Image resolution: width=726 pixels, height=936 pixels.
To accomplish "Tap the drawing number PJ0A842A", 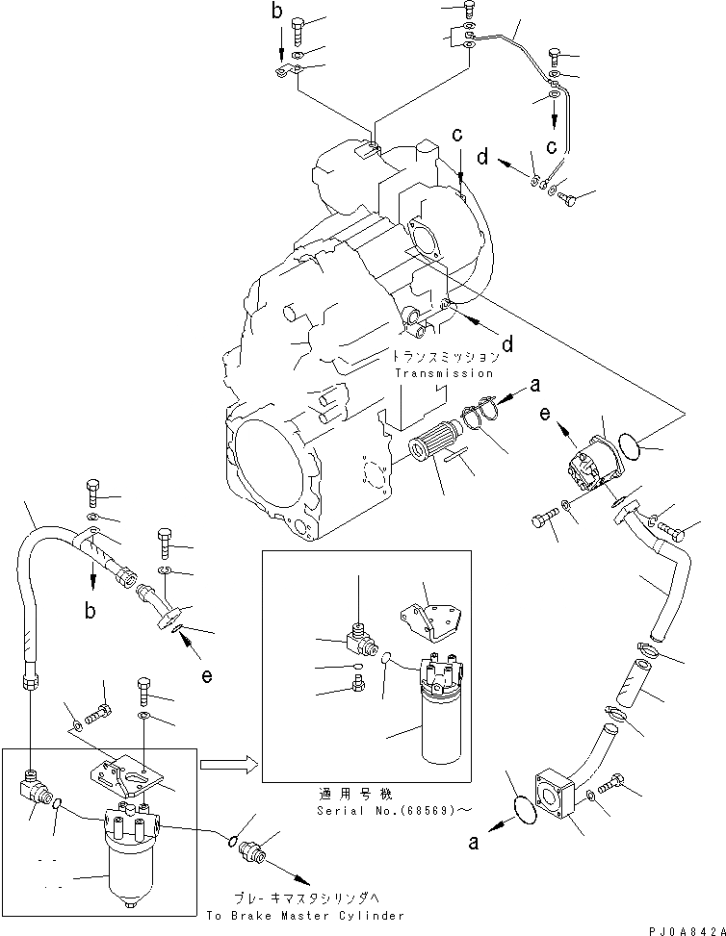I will click(x=680, y=929).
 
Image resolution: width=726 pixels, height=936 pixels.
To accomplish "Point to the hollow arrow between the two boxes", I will click(x=226, y=766).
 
